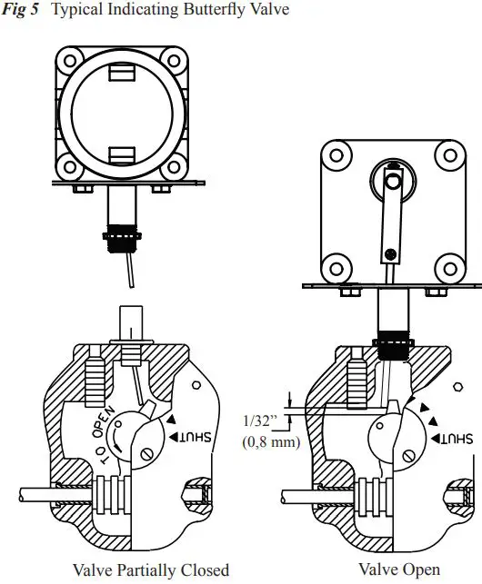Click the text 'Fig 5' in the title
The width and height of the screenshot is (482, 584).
[20, 11]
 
